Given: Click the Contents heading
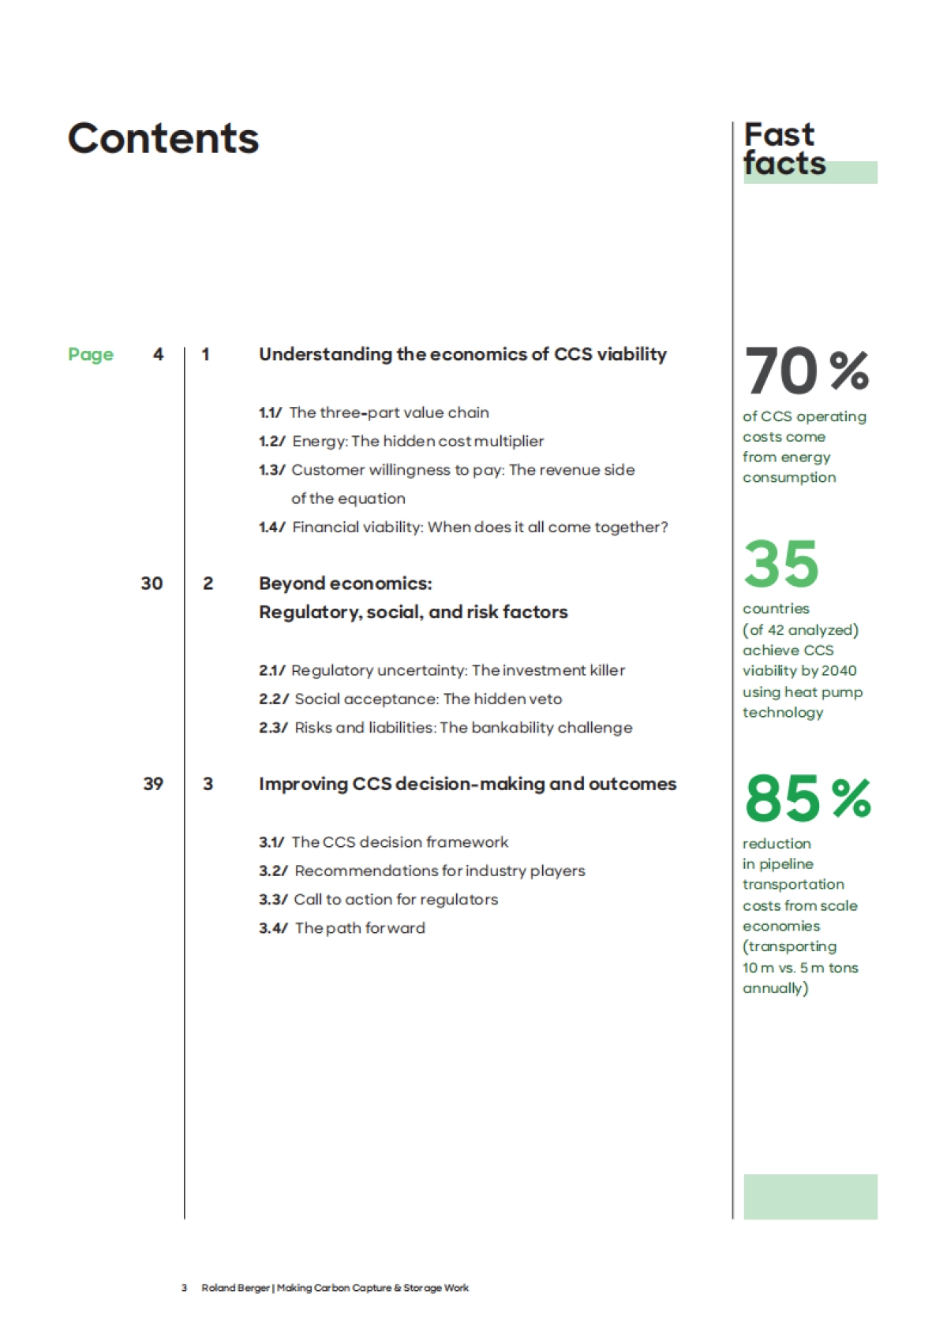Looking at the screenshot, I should point(163,139).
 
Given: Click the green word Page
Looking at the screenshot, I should point(91,355).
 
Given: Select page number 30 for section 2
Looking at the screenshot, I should point(152,584).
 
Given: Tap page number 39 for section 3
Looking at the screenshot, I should point(153,784).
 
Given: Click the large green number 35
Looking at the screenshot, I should point(781,564).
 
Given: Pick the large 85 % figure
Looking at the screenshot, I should point(807,798).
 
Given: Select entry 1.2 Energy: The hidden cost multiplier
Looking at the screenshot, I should point(402,442).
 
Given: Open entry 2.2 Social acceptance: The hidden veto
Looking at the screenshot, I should point(410,699).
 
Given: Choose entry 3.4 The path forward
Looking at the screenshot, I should point(342,928).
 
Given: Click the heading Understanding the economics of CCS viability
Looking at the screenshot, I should point(462,355).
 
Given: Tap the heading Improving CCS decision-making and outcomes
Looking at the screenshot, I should point(467,784).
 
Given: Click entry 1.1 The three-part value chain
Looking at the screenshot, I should point(374,412).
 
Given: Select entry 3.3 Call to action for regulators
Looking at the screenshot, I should point(379,900).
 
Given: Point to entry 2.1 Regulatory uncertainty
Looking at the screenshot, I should point(442,670).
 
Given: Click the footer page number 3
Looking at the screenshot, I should point(184,1288).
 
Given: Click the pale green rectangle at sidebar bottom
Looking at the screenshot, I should point(810,1196).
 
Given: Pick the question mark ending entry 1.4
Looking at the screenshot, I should point(664,527).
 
